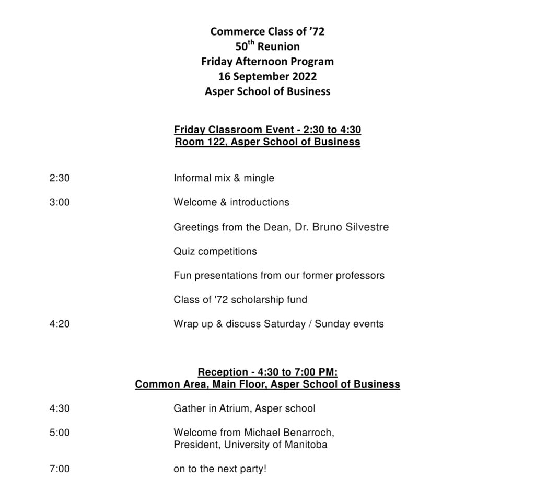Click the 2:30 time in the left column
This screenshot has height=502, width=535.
click(59, 178)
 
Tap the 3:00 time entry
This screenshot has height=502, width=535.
click(59, 202)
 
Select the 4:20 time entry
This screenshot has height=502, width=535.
click(59, 324)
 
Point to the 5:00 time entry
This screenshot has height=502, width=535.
click(59, 433)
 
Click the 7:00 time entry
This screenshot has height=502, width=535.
click(59, 469)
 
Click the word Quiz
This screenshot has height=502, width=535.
click(183, 251)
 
